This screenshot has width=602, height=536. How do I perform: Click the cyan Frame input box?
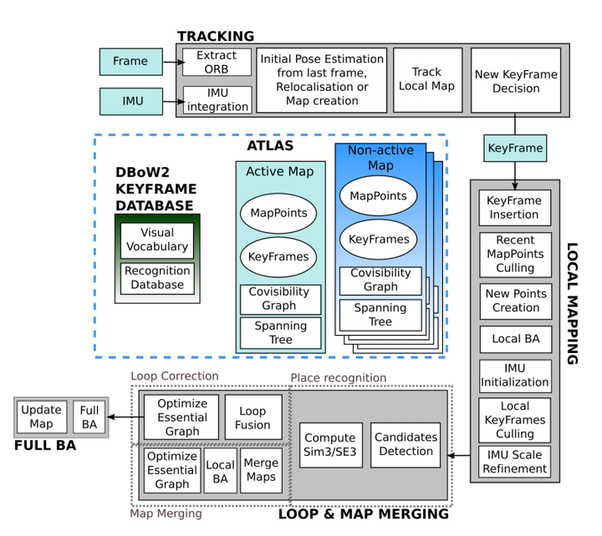[130, 61]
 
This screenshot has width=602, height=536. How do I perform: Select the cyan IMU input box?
[131, 101]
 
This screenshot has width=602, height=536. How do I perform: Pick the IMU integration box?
[217, 100]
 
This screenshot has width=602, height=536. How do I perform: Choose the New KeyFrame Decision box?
[516, 80]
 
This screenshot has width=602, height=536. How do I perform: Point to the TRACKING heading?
[215, 36]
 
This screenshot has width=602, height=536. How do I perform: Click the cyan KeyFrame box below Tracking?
[515, 149]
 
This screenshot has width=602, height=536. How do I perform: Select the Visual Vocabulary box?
[157, 240]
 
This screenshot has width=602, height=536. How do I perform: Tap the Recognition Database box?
[157, 278]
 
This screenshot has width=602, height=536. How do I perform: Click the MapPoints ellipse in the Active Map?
[278, 213]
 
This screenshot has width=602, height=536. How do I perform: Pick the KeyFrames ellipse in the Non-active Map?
[379, 239]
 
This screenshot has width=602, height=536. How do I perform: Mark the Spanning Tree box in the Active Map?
[280, 332]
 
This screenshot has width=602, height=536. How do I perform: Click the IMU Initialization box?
[515, 376]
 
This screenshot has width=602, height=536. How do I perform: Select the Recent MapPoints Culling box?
[515, 254]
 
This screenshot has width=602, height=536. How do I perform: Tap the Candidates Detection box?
[406, 444]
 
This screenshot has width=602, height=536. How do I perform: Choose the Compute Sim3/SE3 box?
[330, 444]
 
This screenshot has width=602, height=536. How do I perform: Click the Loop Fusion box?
[253, 417]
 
